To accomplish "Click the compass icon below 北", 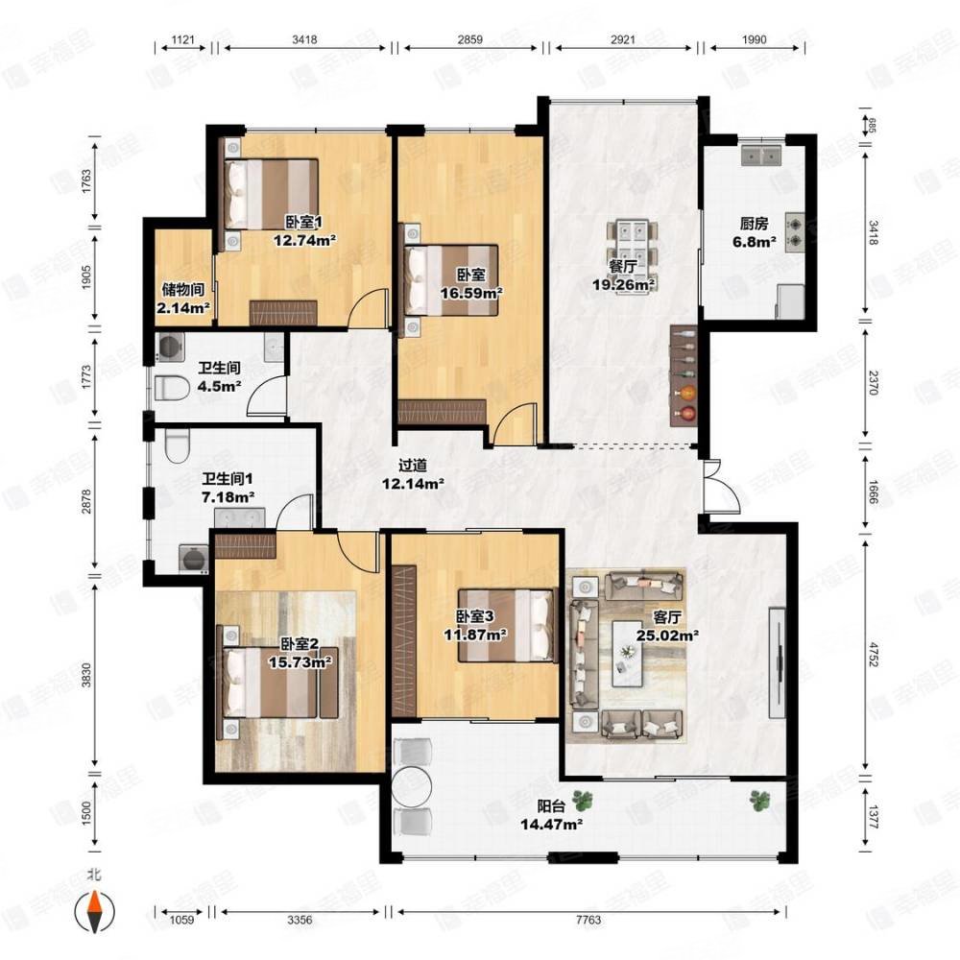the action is [x=94, y=911].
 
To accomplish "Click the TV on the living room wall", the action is [x=778, y=662].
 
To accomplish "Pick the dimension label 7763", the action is [x=588, y=920].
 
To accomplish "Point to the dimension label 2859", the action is [x=470, y=39].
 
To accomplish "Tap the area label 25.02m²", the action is [x=668, y=636].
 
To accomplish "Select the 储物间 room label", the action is [x=183, y=289].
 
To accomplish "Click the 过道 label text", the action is [x=413, y=466].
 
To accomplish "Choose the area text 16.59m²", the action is [x=471, y=293].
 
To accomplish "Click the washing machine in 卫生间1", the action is [x=193, y=557].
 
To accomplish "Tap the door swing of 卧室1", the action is [x=368, y=308].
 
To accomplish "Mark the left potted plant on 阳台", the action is [x=583, y=799].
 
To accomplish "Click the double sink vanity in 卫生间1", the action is [x=239, y=518].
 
